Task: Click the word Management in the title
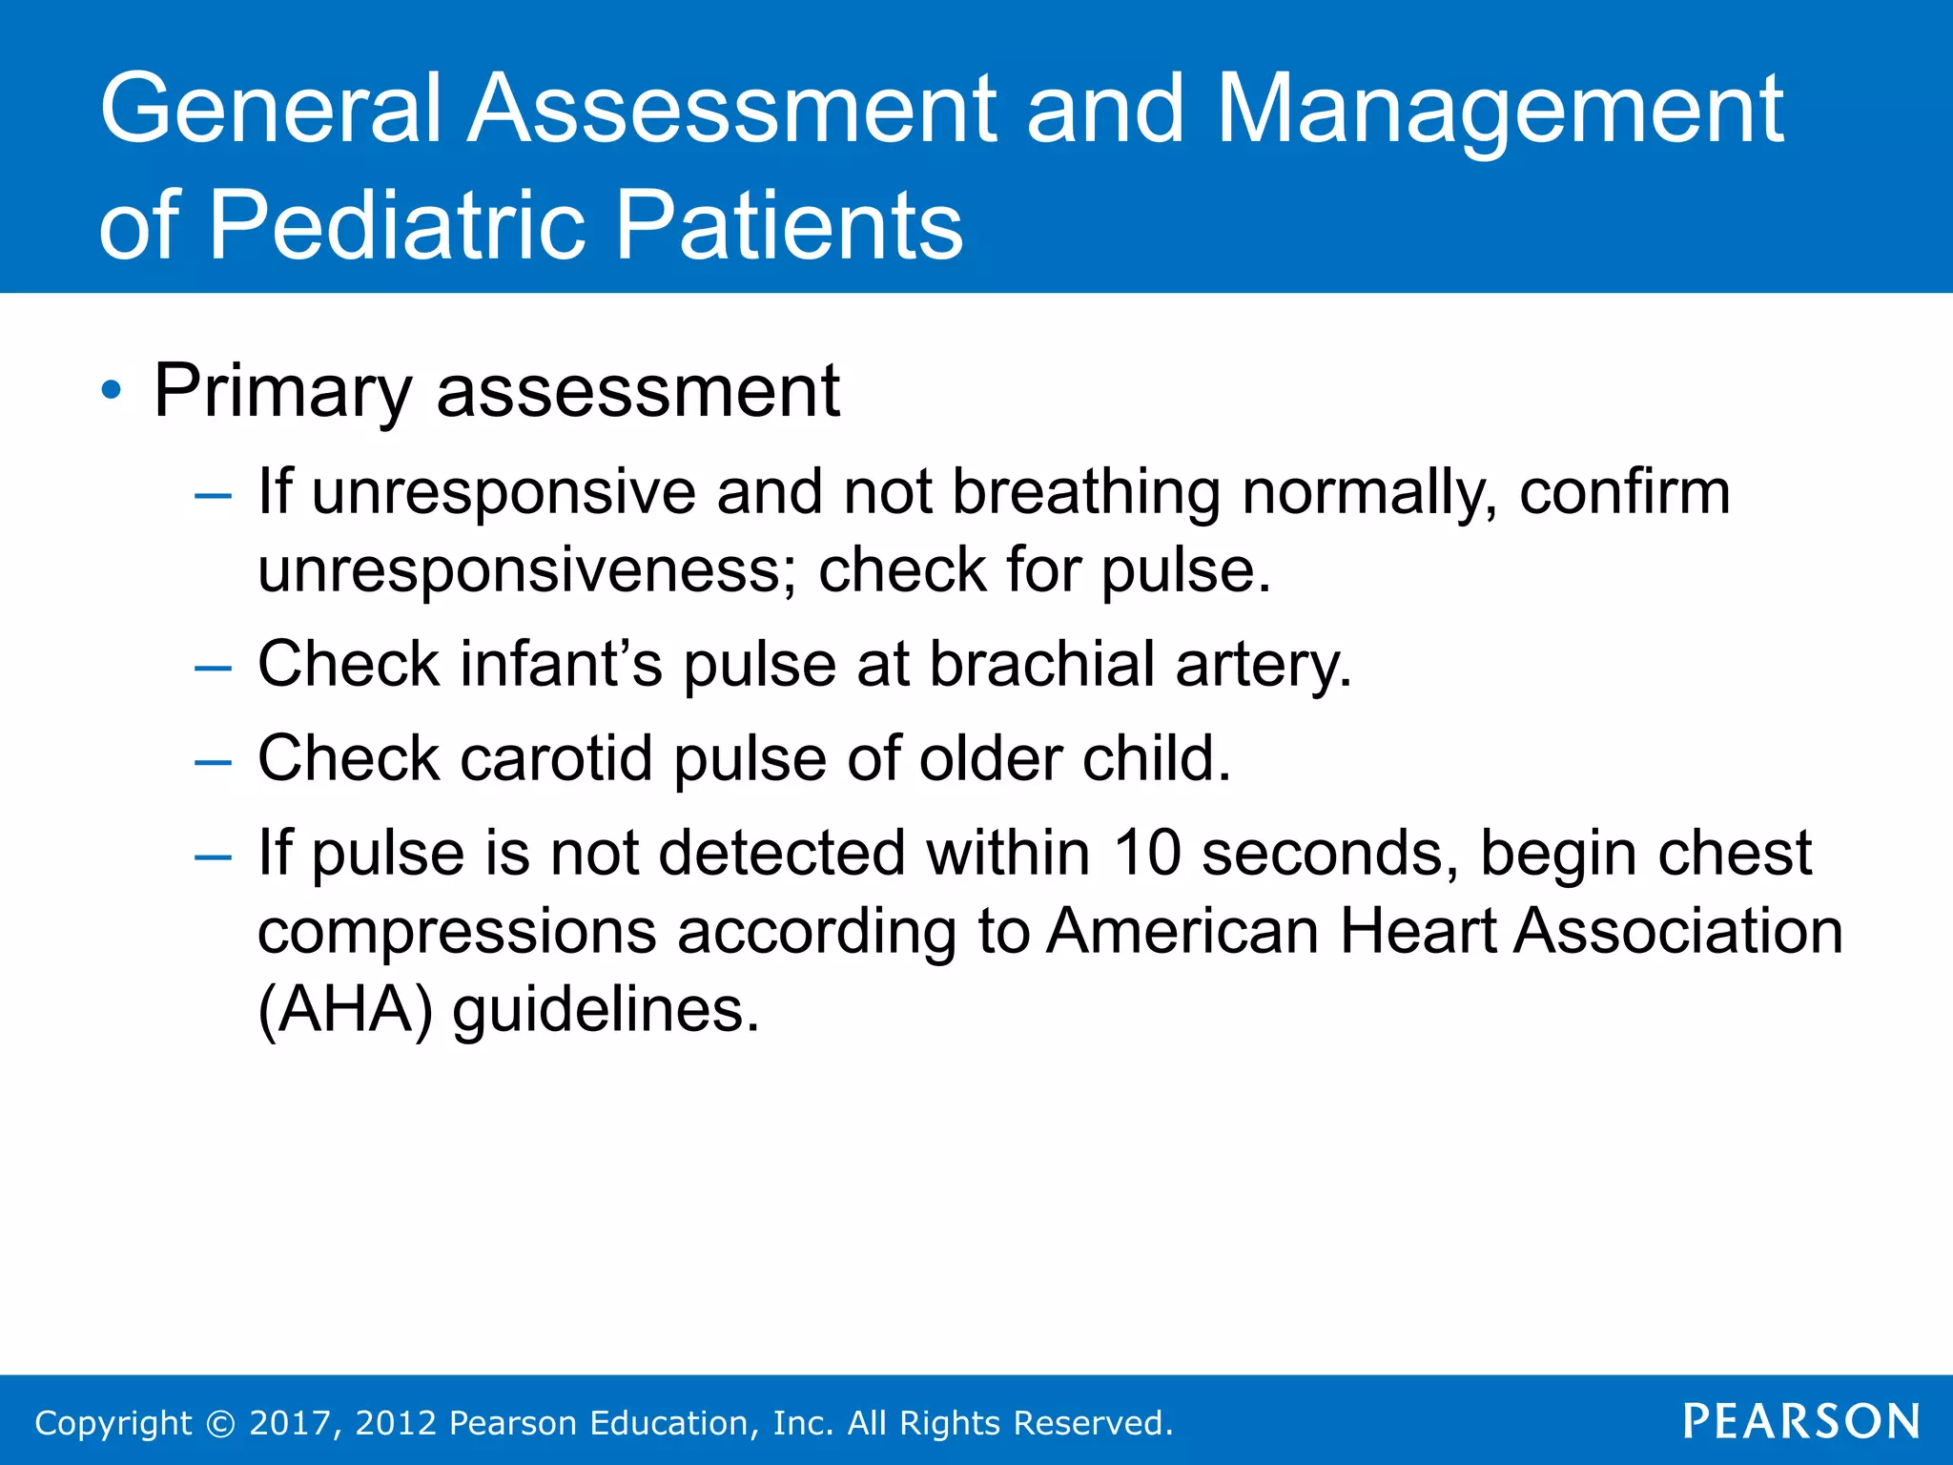[1499, 113]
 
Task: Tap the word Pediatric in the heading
[403, 225]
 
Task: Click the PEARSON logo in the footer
[1801, 1421]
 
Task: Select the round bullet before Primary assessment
[112, 390]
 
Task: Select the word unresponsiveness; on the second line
[527, 569]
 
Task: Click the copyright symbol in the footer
[221, 1423]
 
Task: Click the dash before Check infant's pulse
[212, 667]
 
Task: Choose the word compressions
[457, 932]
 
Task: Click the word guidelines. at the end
[606, 1009]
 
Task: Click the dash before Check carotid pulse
[212, 762]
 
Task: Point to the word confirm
[1624, 492]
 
